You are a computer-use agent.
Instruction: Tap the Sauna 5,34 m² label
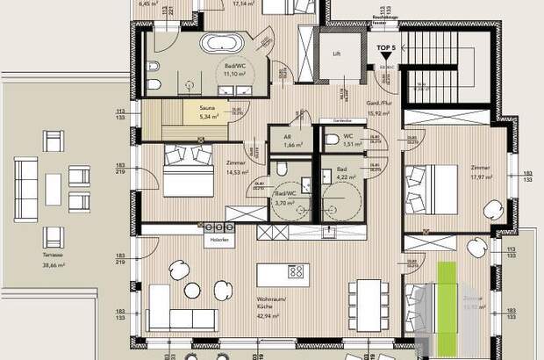coord(208,112)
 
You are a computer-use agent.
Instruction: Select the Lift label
coord(337,53)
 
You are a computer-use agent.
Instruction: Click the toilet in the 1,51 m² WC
coord(331,138)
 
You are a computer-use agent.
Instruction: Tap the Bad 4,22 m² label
coord(347,174)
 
